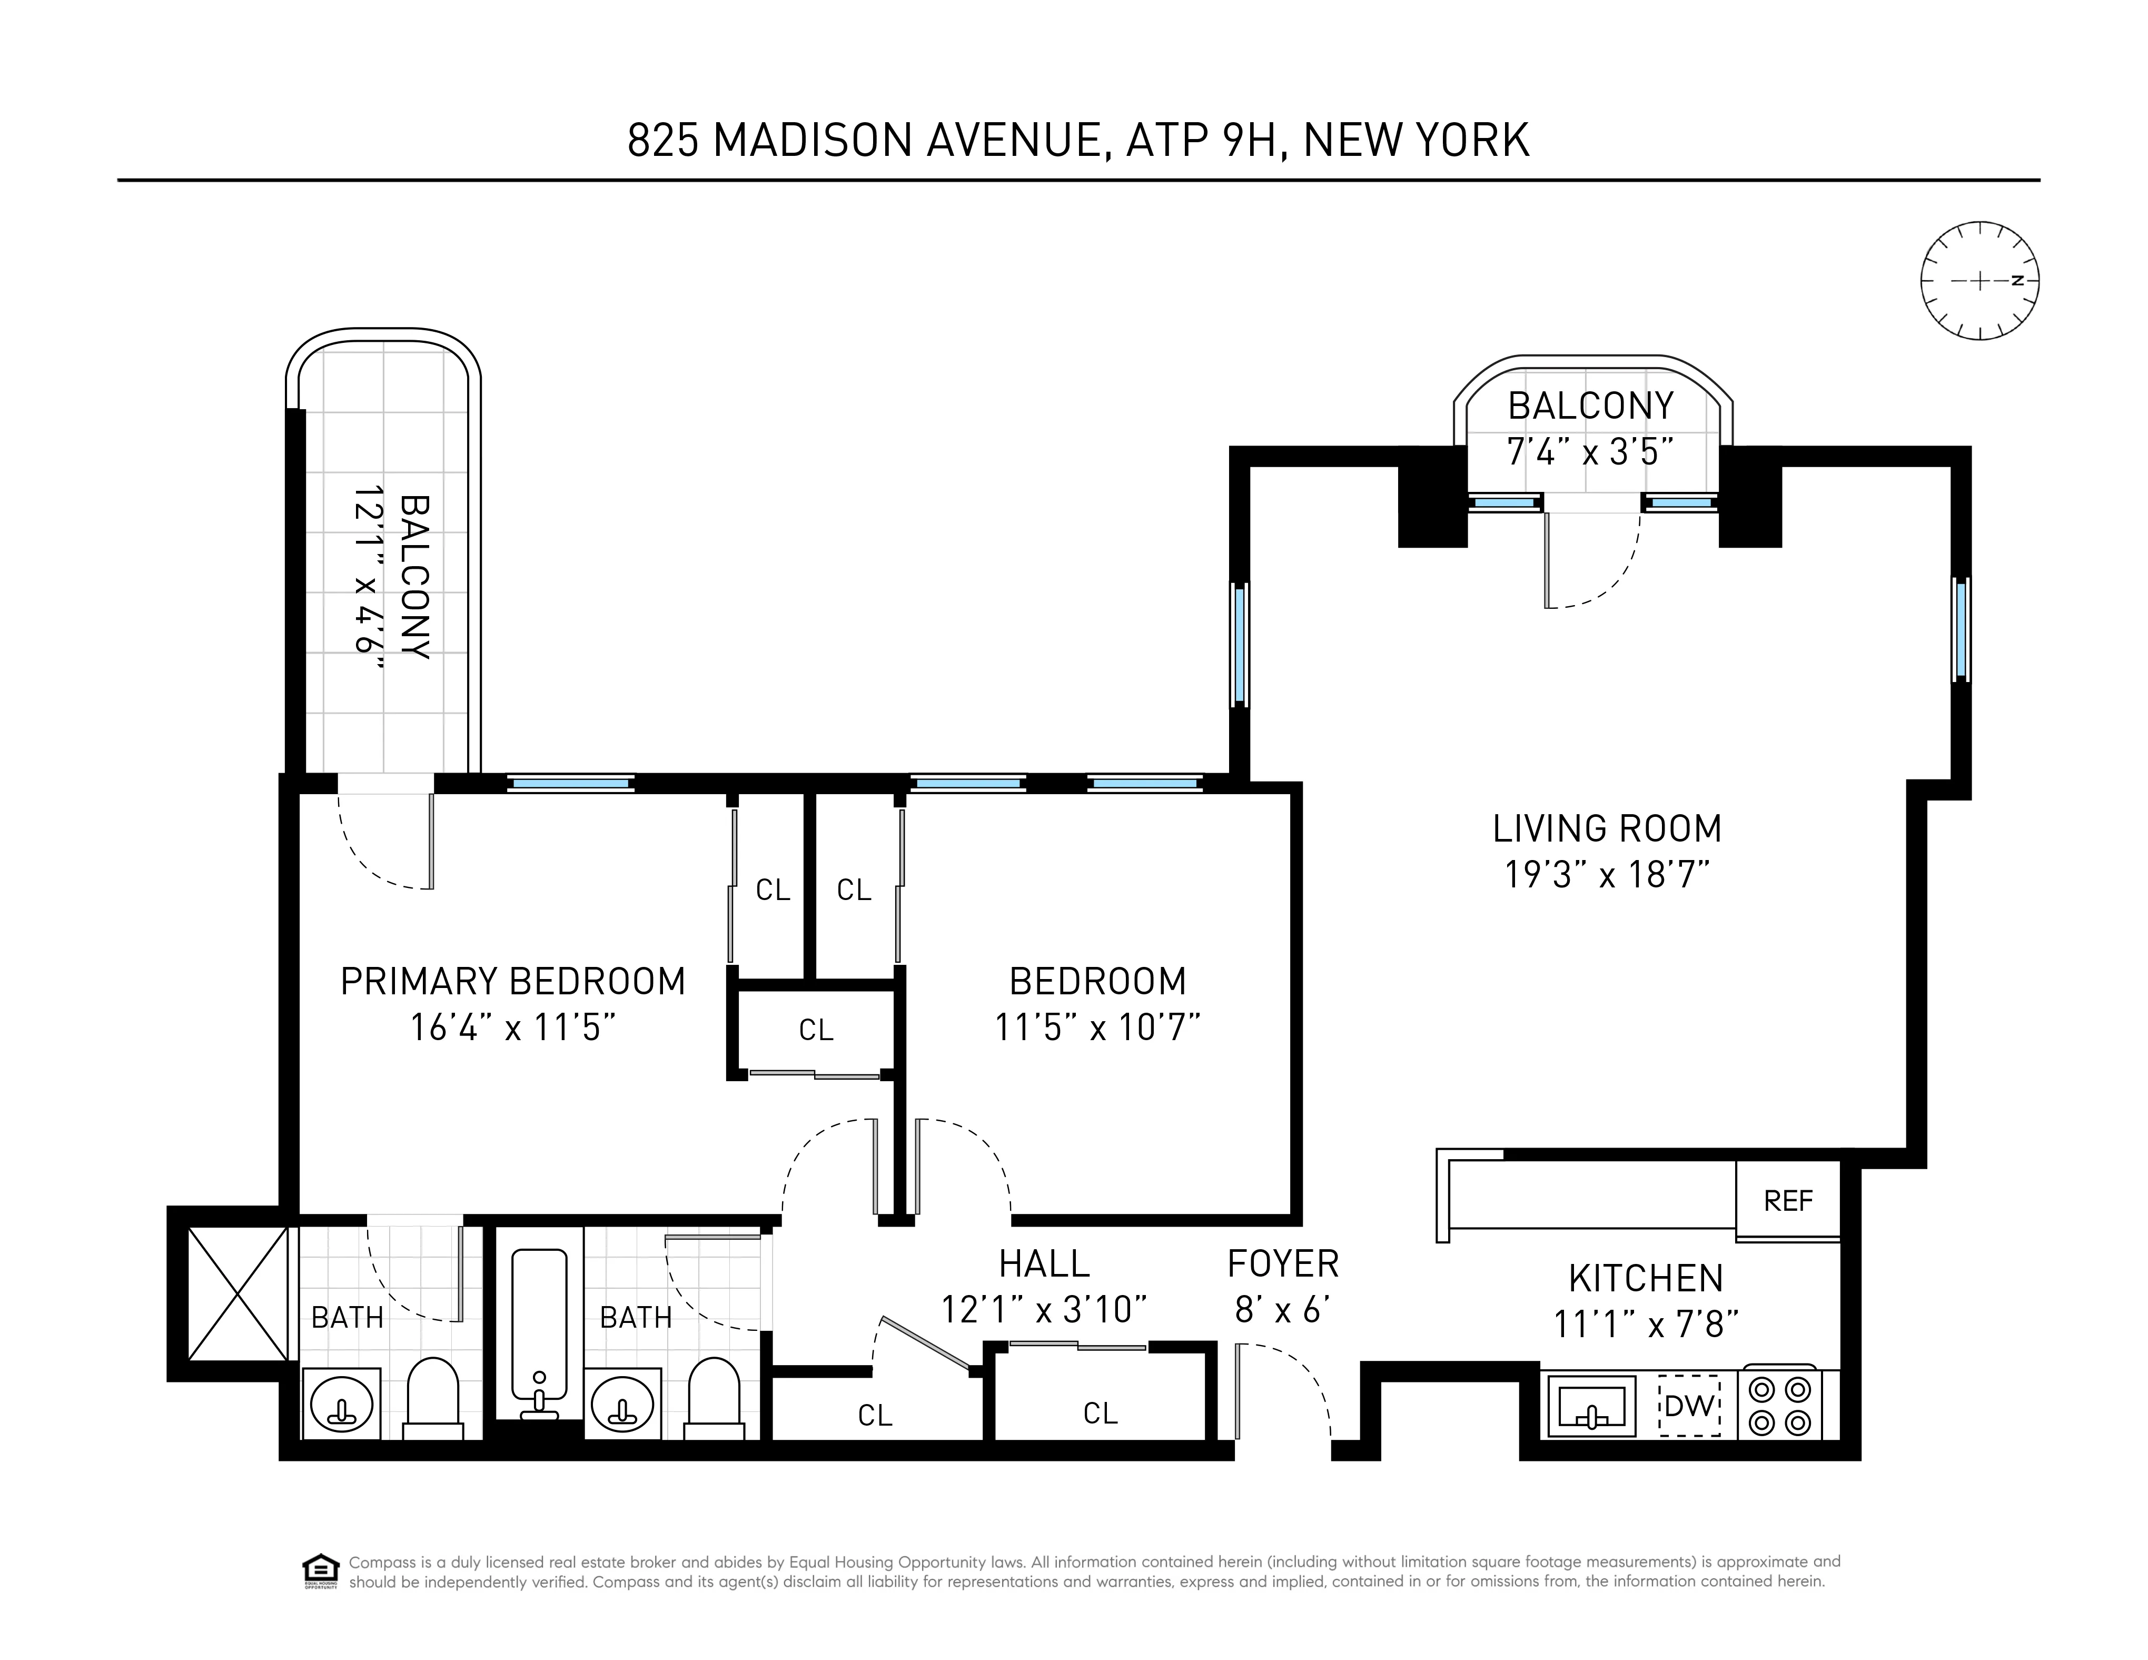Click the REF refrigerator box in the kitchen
[1787, 1201]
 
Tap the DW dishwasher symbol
[1689, 1405]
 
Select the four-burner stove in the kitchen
[1780, 1405]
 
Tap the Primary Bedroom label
[512, 981]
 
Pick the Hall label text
[1044, 1263]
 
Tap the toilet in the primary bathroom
[433, 1397]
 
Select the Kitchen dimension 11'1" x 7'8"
[1646, 1325]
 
